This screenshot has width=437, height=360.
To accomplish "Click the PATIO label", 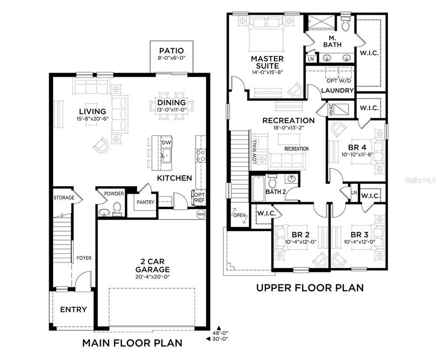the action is click(172, 51).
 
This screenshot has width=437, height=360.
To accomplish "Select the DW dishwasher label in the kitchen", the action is click(166, 142).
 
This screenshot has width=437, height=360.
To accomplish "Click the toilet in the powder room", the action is click(117, 209).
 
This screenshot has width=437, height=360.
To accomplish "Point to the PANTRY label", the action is click(145, 202).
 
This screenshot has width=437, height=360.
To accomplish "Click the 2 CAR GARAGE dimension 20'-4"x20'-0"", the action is click(152, 277).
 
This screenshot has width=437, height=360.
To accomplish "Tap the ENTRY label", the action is click(73, 309).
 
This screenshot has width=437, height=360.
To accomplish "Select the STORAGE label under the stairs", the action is click(64, 197).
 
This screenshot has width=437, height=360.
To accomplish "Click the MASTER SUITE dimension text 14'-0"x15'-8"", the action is click(267, 72).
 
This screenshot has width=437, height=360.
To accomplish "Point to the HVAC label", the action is click(331, 109).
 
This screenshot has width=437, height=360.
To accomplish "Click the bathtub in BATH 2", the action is click(258, 188).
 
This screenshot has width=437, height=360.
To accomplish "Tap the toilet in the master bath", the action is click(345, 24).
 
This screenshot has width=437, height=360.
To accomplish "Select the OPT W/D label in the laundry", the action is click(339, 81).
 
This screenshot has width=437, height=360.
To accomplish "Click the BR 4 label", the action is click(357, 147).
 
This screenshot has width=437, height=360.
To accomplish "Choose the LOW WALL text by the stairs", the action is click(254, 151).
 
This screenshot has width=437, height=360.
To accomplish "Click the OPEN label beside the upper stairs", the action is click(240, 215).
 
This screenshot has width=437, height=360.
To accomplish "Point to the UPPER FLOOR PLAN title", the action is click(310, 287).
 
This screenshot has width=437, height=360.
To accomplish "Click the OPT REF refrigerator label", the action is click(200, 197).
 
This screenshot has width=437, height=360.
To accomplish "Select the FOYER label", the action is click(84, 258).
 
